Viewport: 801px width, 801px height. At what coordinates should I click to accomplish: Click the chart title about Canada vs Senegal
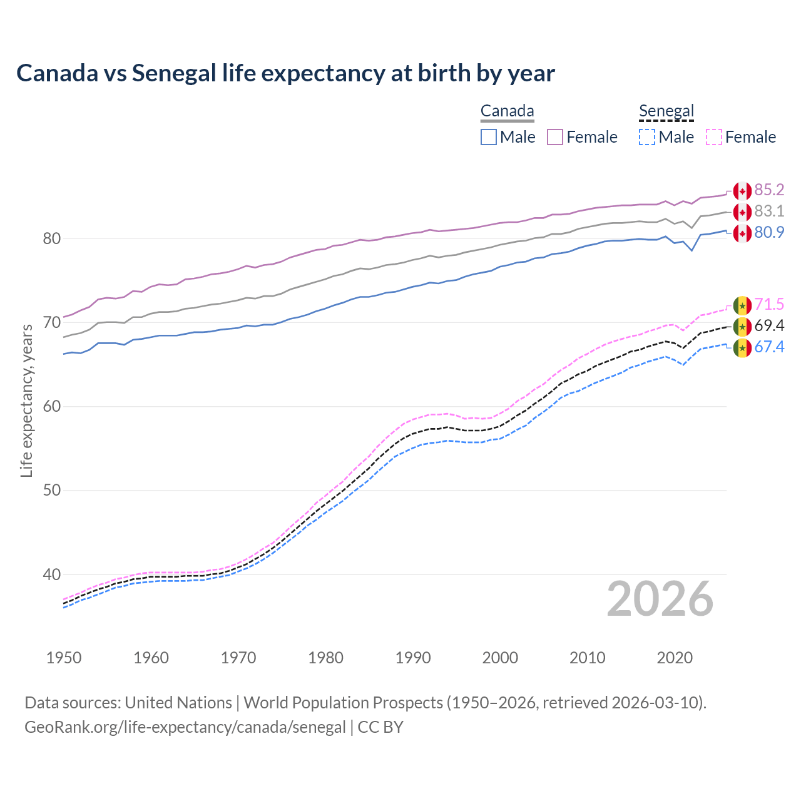(285, 73)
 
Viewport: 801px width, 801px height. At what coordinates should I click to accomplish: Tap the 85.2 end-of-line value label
(769, 190)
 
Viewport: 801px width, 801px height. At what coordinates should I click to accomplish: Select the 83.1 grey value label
(769, 211)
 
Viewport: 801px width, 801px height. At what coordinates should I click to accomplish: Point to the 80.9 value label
(769, 232)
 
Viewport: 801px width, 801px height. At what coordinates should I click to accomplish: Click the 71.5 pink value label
(769, 304)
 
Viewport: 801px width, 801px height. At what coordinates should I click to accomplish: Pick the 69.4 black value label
(769, 325)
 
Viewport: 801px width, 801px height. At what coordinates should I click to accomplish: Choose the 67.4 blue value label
(769, 347)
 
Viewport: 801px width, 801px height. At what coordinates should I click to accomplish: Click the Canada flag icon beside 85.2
(742, 191)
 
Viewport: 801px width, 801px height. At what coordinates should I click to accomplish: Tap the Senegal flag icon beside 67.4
(742, 348)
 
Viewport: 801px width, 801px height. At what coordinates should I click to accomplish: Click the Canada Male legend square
(489, 137)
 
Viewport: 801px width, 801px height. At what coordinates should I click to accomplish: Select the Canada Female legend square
(555, 137)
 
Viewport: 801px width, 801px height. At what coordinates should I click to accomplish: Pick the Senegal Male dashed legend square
(647, 137)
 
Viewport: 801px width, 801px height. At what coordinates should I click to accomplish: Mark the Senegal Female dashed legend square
(714, 137)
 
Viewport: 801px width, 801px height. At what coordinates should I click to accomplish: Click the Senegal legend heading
(666, 111)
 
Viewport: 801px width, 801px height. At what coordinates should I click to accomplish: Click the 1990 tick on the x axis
(413, 658)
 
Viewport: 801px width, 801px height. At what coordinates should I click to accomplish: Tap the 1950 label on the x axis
(64, 658)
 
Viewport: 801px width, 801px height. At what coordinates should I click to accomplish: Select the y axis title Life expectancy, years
(26, 400)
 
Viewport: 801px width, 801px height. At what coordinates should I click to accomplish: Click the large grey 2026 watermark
(660, 599)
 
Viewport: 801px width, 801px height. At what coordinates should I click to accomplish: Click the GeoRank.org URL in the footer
(185, 727)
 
